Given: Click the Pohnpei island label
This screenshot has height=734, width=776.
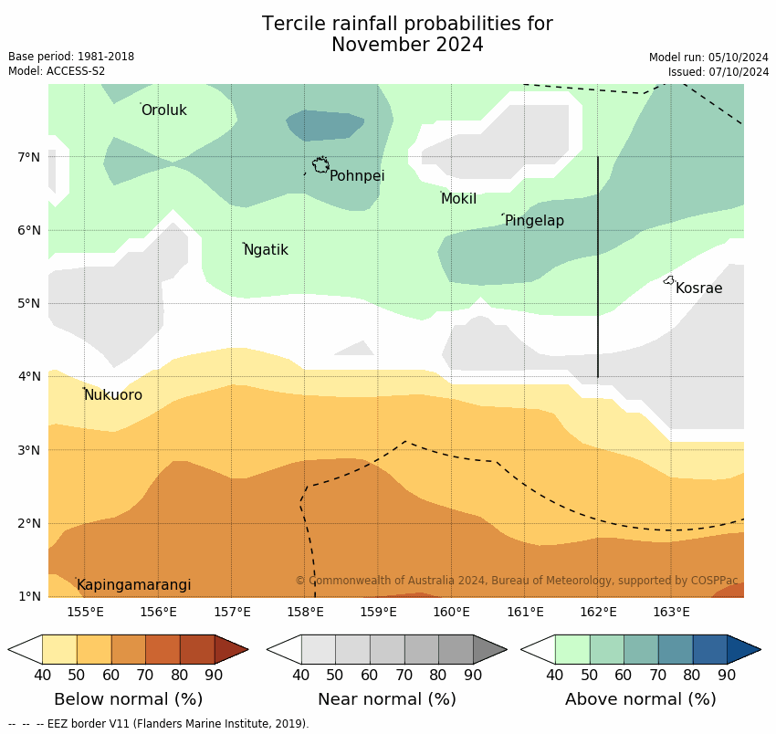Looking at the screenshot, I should [x=357, y=176].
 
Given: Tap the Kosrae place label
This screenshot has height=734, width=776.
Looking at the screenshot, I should [x=699, y=288].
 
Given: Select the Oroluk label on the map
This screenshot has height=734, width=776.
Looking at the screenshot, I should [x=164, y=110].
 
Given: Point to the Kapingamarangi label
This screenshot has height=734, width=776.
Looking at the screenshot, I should [x=134, y=585].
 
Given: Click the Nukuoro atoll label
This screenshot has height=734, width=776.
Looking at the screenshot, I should [x=113, y=395].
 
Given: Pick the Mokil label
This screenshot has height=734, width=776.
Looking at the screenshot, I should [x=458, y=199].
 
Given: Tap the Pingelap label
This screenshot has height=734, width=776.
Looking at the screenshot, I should [x=534, y=221].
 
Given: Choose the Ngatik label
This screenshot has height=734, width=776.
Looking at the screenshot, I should [x=266, y=250].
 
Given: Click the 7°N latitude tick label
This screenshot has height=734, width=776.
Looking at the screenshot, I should [x=29, y=157].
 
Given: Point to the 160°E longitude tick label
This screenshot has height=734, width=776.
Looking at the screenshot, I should [x=451, y=612].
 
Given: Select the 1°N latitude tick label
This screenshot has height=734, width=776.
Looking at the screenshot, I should [x=29, y=596].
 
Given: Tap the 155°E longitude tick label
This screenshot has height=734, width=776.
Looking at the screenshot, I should [x=85, y=612].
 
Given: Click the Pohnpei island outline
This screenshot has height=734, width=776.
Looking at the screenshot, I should [x=320, y=165].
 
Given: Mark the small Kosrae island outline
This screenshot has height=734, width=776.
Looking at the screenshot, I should [x=669, y=280].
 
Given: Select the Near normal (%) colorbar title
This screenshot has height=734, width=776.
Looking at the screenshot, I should [x=386, y=699].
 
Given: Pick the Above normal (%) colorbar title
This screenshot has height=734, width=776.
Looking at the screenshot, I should [x=640, y=699].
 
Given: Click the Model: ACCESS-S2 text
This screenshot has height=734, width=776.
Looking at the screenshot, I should [x=57, y=71].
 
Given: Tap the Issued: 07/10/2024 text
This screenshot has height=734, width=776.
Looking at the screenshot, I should [x=718, y=71].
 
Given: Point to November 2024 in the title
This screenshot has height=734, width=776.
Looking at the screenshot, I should [x=407, y=45].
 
